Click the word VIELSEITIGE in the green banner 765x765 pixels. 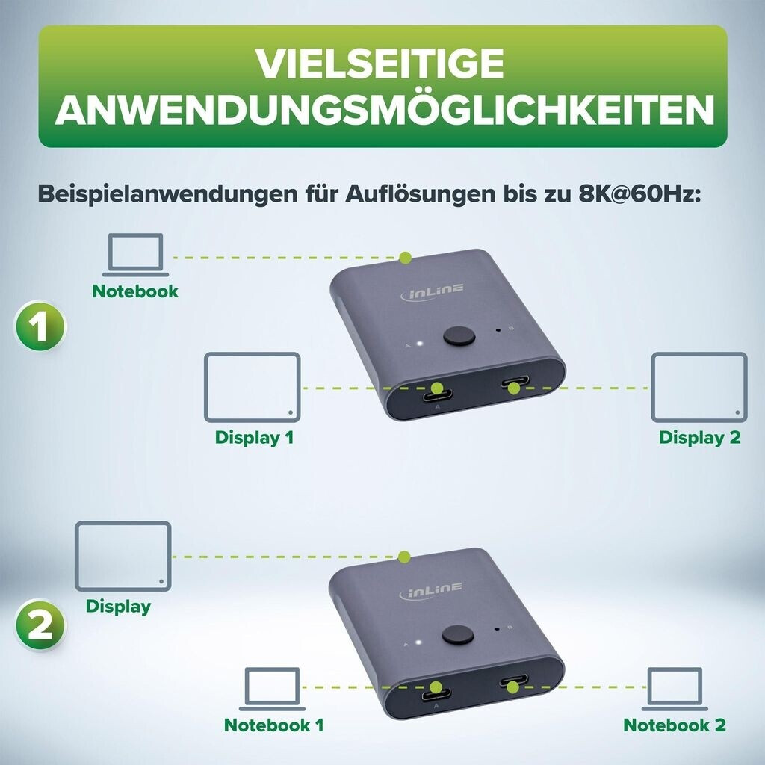(x=380, y=64)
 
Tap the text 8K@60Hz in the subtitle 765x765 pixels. (x=639, y=193)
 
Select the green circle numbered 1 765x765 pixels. (x=40, y=326)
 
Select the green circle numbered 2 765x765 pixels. (x=40, y=624)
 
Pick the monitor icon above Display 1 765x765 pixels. (x=253, y=388)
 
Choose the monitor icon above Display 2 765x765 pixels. (x=699, y=388)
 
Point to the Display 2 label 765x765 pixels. (x=699, y=437)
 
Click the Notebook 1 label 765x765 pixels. (x=273, y=725)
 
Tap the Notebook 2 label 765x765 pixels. (x=675, y=725)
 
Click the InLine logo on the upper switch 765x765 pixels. (x=433, y=292)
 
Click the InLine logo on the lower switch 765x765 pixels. (x=431, y=591)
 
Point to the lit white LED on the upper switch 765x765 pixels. (x=418, y=344)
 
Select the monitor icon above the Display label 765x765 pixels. (x=123, y=557)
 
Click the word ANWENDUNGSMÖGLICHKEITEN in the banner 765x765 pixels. (x=385, y=109)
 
